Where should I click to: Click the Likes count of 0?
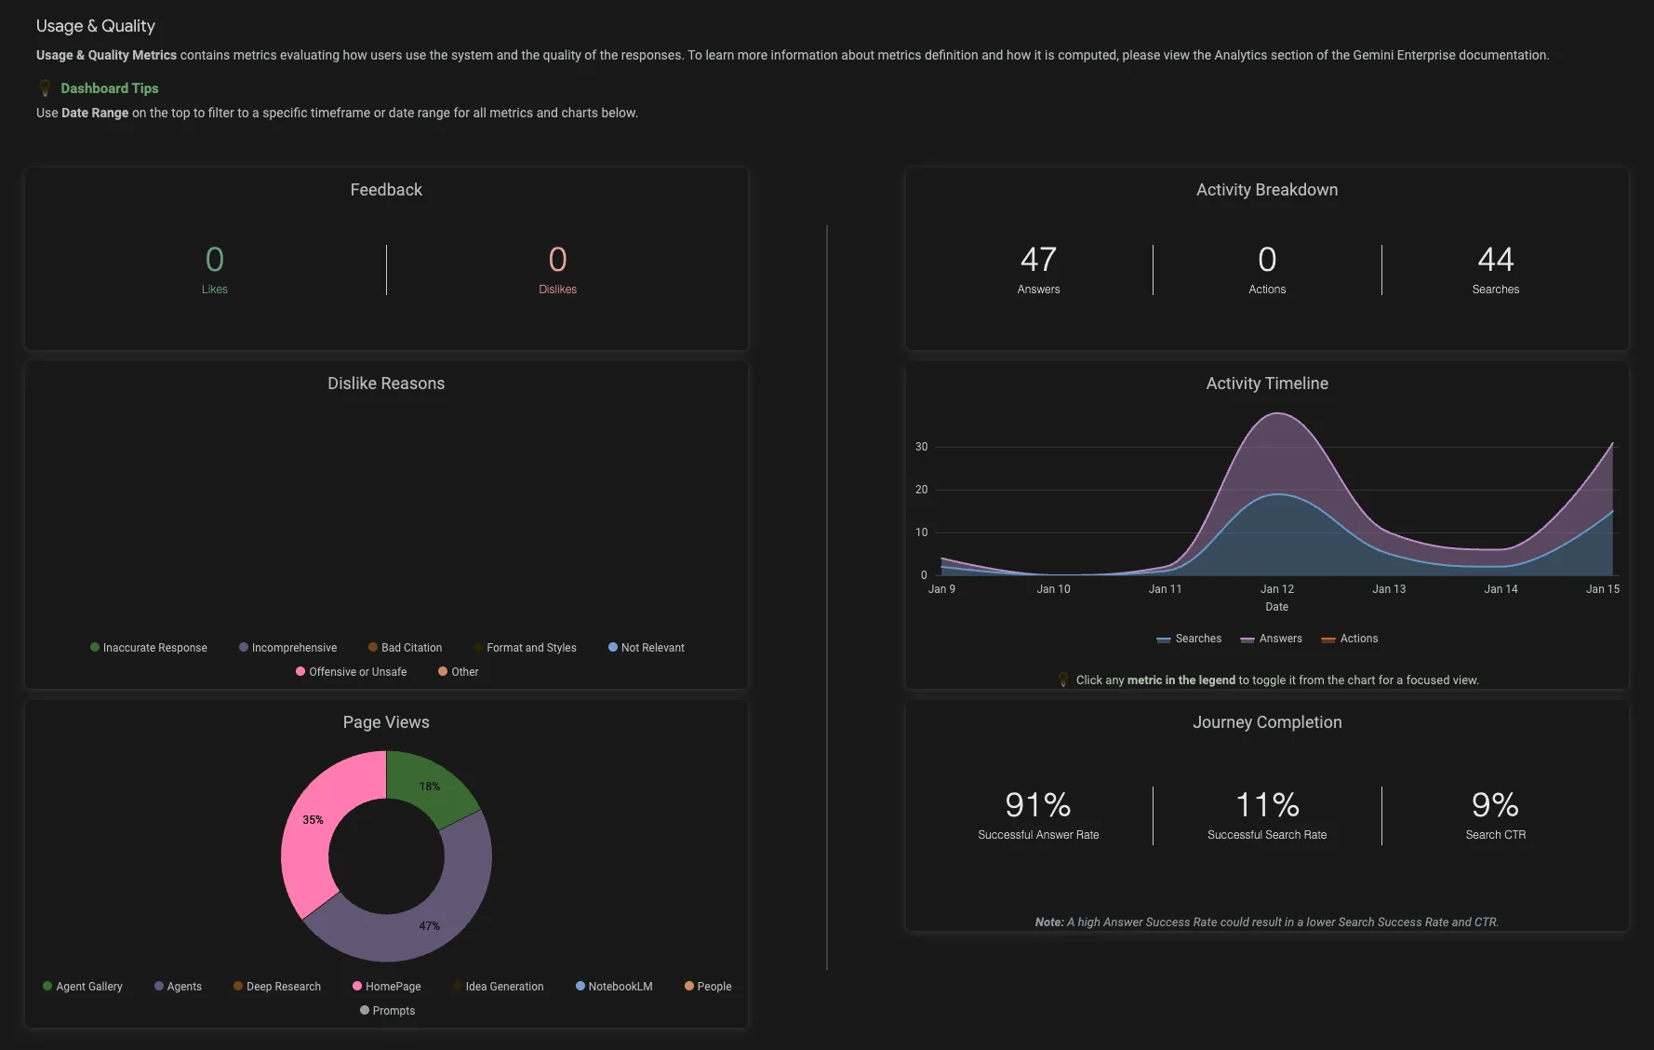(214, 260)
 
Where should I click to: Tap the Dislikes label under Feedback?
(557, 289)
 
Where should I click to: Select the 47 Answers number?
(1038, 260)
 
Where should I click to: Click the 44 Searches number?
(1495, 260)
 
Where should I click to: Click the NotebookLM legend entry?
(619, 987)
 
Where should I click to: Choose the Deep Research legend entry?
(283, 987)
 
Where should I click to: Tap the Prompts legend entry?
(393, 1011)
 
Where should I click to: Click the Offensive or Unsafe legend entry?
(357, 672)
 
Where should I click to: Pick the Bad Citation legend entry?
(410, 648)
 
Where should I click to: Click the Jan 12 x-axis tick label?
(1276, 589)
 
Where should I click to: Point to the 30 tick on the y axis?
(921, 447)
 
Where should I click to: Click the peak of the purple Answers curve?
(1278, 414)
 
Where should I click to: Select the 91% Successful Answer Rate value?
(1038, 805)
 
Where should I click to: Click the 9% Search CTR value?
(1495, 805)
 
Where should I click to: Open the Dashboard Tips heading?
(109, 88)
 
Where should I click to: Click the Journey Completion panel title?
(1267, 722)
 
